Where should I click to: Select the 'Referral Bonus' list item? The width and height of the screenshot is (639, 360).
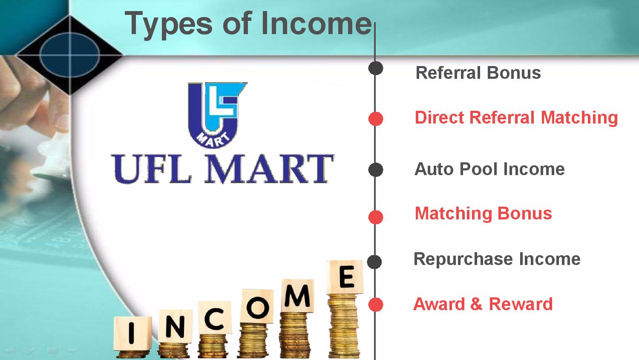(x=478, y=72)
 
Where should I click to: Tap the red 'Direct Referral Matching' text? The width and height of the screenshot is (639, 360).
(x=516, y=118)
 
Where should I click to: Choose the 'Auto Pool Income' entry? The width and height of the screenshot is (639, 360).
(x=489, y=169)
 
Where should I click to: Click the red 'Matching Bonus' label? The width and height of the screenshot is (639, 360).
(x=483, y=213)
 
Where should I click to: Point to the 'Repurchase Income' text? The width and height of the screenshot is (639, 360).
(x=497, y=259)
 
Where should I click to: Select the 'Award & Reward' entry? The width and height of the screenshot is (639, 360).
(x=483, y=304)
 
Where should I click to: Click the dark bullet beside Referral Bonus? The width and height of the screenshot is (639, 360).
(x=376, y=68)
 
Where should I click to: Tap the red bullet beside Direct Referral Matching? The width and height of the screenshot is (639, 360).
(x=376, y=119)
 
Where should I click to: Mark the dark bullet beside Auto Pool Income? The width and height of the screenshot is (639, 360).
(x=376, y=170)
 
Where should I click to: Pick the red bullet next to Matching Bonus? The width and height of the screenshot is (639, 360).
(x=376, y=217)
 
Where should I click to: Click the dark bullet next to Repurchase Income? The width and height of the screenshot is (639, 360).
(x=374, y=262)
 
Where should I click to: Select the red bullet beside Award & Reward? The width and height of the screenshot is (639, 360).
(x=376, y=305)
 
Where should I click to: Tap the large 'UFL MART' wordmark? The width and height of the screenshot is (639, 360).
(x=222, y=169)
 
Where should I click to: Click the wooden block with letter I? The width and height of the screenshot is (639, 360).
(x=132, y=334)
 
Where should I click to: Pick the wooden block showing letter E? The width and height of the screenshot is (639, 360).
(x=345, y=277)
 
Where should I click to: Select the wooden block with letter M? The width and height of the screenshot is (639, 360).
(x=297, y=296)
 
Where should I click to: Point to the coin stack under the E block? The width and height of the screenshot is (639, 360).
(x=343, y=326)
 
